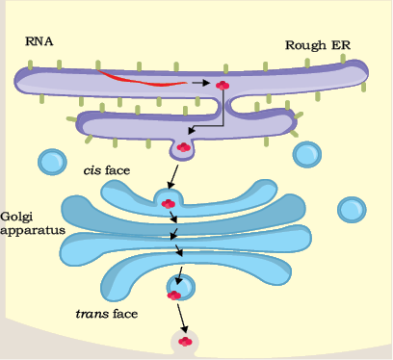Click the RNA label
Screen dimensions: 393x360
39,41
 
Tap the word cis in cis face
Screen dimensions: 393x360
92,170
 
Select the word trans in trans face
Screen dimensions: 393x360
92,314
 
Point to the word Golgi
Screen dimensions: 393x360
16,218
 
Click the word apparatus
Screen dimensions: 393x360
33,231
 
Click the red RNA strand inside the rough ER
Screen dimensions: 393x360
142,80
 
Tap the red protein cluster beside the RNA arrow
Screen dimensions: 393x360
223,86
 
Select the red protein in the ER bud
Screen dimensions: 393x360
183,147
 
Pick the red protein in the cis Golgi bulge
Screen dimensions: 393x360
169,204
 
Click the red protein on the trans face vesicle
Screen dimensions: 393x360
174,296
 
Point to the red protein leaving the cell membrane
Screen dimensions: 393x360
185,342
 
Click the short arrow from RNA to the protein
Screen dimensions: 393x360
200,83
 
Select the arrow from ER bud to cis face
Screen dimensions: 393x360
172,177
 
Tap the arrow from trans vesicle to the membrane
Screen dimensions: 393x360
182,319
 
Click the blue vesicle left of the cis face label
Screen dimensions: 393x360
52,162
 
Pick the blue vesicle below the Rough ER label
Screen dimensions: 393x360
307,155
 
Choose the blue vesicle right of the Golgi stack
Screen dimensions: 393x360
352,210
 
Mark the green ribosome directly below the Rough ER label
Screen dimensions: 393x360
307,64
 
